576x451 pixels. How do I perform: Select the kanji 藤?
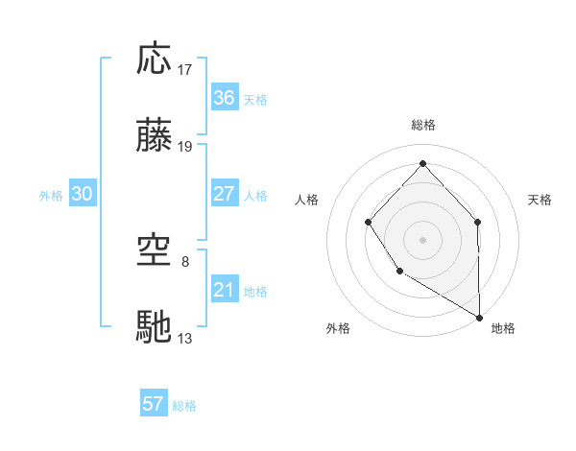(x=155, y=137)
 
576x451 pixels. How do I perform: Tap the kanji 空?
(x=155, y=251)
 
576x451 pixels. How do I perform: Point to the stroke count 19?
(x=185, y=147)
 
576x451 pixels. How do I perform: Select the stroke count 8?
(x=185, y=261)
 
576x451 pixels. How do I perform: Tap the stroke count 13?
(x=185, y=338)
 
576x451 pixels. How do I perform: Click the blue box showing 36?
(x=225, y=98)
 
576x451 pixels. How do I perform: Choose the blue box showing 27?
(x=225, y=194)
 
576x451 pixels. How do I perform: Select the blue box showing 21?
(x=225, y=290)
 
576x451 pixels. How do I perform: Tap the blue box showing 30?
(x=83, y=194)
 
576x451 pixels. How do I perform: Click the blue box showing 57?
(x=154, y=404)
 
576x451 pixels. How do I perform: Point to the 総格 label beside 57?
(x=184, y=406)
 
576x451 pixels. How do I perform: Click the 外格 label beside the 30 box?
(x=51, y=196)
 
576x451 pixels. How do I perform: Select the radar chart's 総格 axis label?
(x=423, y=125)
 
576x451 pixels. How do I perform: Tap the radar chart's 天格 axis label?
(x=540, y=200)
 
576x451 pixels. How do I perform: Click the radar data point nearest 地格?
(x=480, y=317)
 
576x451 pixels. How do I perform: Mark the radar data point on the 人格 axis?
(x=369, y=223)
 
